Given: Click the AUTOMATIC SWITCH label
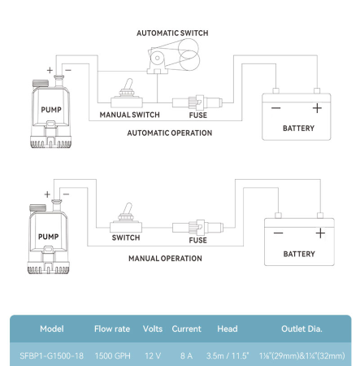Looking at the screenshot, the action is coord(172,33).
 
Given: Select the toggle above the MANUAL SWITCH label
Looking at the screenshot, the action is coord(127,93).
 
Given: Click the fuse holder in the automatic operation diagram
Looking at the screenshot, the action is coord(197,102).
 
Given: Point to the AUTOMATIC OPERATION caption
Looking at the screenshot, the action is coord(170,133).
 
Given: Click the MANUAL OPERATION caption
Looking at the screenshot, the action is coord(165,259).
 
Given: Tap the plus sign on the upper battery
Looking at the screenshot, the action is coord(317,108).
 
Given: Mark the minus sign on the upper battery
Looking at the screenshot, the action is coord(275,108).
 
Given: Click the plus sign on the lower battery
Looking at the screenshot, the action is coord(320,233).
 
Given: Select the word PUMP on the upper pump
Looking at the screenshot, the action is coord(51,110).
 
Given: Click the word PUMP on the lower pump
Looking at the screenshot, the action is coord(49,237).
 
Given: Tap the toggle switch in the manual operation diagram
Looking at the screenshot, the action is coord(126,218).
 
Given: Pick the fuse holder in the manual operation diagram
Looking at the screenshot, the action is coord(197,228).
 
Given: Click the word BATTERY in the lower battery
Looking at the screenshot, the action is coord(299,254).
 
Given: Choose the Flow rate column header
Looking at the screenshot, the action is coord(112,329).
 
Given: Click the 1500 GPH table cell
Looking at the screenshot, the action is coord(113,355).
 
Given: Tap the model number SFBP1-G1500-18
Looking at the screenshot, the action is coord(51,355).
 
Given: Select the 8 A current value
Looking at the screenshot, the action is coord(186,355).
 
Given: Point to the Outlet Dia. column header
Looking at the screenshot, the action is coord(301,329).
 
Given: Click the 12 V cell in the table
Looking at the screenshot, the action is coord(153,355).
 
